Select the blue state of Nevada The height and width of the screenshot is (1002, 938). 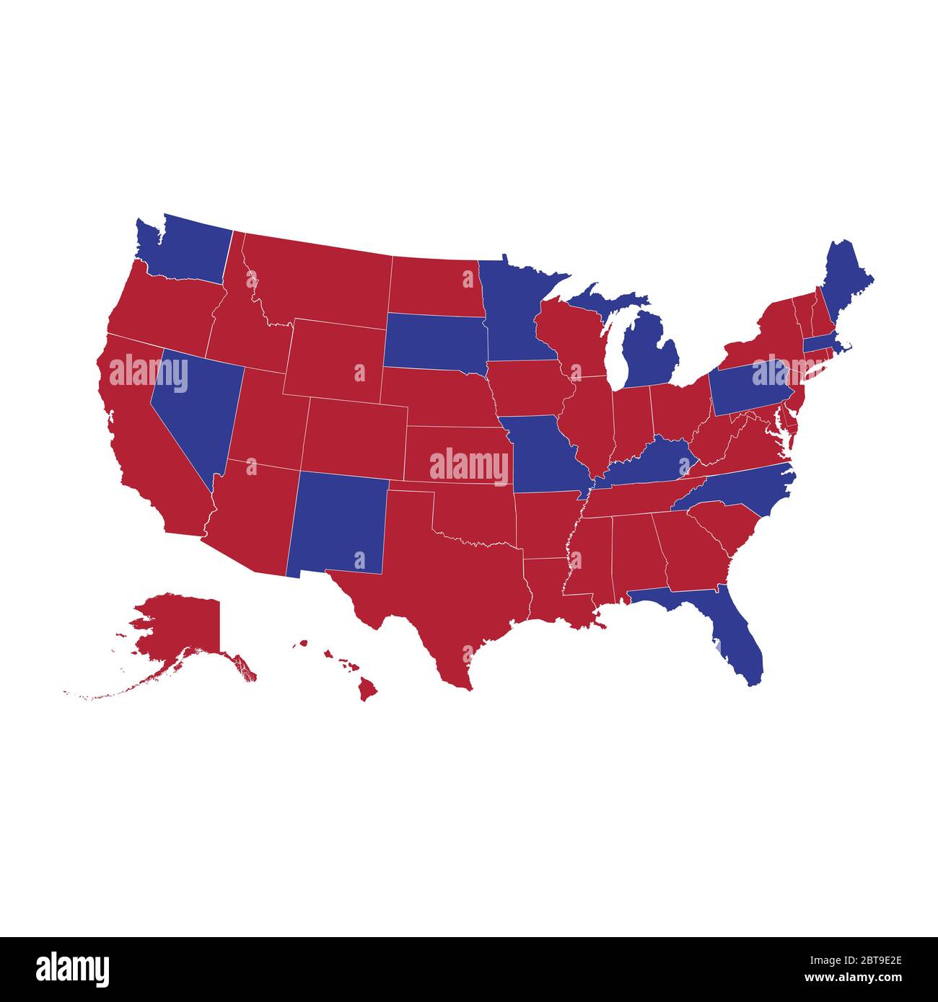coord(191,404)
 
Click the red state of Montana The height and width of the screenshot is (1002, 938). coord(317,281)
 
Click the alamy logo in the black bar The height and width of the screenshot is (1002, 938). coord(72,969)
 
